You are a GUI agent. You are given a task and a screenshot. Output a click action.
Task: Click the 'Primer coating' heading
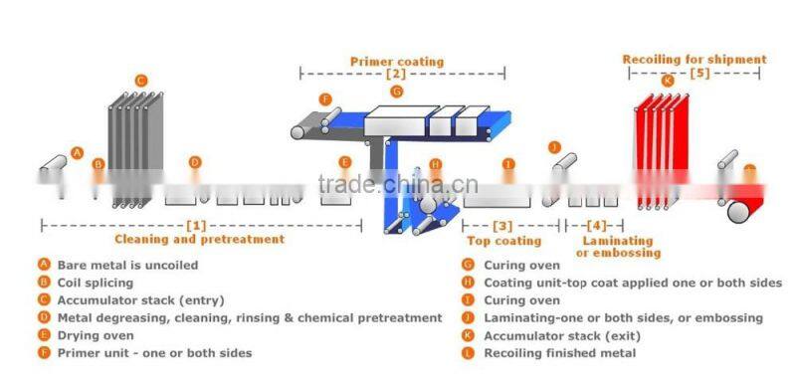click(396, 61)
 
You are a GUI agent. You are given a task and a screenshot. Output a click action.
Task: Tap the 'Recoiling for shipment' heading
click(695, 60)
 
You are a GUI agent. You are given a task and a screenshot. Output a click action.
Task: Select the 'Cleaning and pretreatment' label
click(199, 239)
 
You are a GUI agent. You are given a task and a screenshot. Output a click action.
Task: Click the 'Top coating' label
click(503, 241)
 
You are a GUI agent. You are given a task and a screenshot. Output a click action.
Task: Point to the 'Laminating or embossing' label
click(617, 247)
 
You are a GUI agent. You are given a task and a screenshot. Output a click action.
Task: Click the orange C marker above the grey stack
click(141, 80)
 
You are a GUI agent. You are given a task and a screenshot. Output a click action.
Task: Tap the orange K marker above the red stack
click(667, 81)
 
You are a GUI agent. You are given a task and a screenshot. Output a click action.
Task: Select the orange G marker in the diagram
click(396, 92)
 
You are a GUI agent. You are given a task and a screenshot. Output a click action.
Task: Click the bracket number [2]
click(396, 75)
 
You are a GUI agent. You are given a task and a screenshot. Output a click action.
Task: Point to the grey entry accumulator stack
click(131, 149)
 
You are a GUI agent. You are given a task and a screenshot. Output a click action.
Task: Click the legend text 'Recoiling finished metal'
click(560, 353)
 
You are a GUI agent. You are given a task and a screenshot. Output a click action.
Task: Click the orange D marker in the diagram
click(195, 162)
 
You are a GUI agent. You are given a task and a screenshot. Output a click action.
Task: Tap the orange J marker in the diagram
click(554, 147)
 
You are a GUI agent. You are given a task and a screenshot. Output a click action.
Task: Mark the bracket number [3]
click(502, 227)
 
